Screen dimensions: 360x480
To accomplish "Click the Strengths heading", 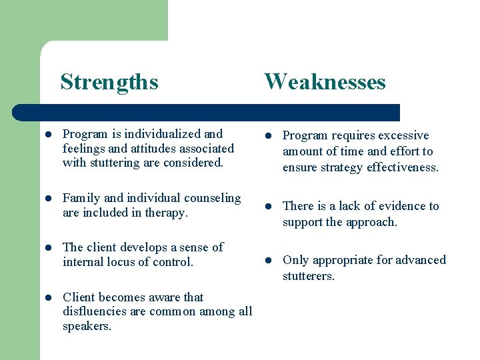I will [109, 82].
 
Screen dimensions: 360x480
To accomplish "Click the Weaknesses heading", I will [325, 82].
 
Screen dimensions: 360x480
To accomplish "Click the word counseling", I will [211, 198].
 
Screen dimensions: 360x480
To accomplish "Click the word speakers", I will [87, 327].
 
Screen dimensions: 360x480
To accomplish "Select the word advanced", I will [419, 260].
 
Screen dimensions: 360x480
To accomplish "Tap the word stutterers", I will [309, 275].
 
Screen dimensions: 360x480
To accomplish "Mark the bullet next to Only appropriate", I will [265, 261].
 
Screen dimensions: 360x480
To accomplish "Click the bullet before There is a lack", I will [265, 207].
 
